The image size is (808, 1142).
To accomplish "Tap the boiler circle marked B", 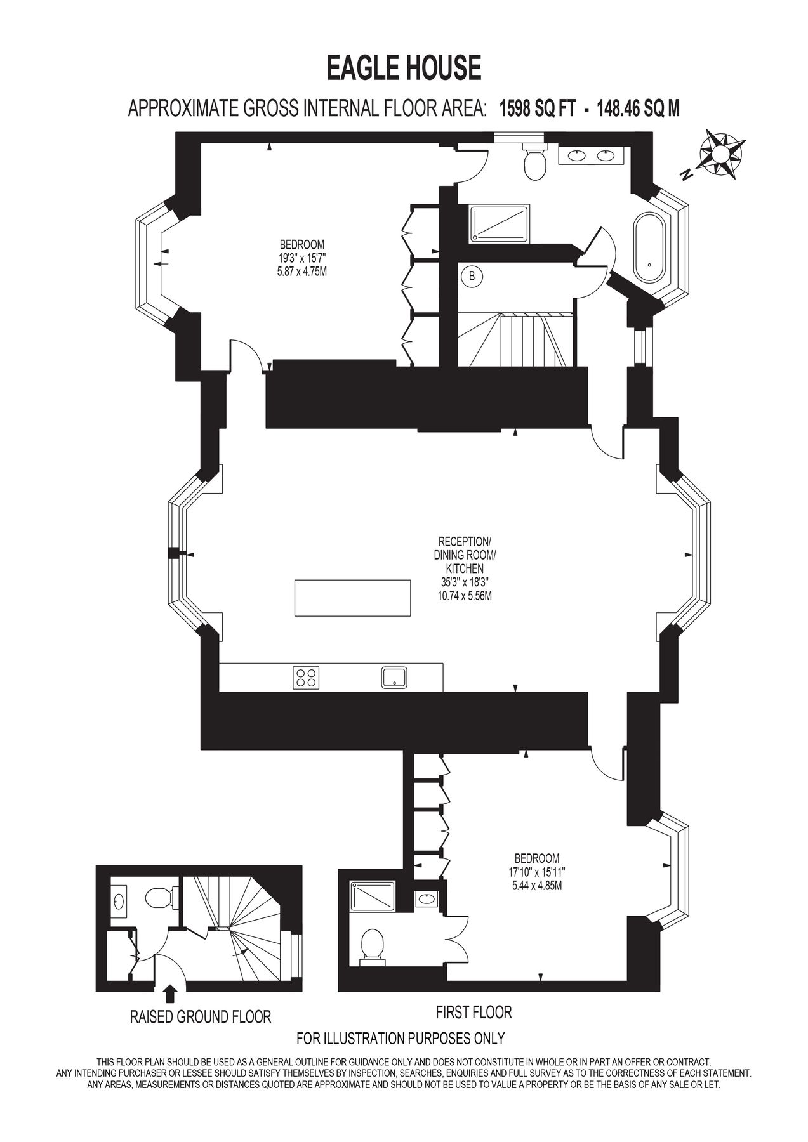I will (471, 276).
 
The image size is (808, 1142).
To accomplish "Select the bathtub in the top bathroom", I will (649, 247).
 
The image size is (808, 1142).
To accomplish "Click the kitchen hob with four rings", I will (306, 677).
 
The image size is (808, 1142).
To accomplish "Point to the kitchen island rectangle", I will (352, 597).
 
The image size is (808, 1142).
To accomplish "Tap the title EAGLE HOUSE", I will (404, 68).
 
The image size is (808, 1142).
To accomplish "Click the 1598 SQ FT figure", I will (538, 108).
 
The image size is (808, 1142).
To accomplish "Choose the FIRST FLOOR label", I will (474, 1012).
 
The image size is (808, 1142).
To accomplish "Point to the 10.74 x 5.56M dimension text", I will (465, 596).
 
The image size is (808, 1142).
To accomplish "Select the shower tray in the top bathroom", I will (499, 223).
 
